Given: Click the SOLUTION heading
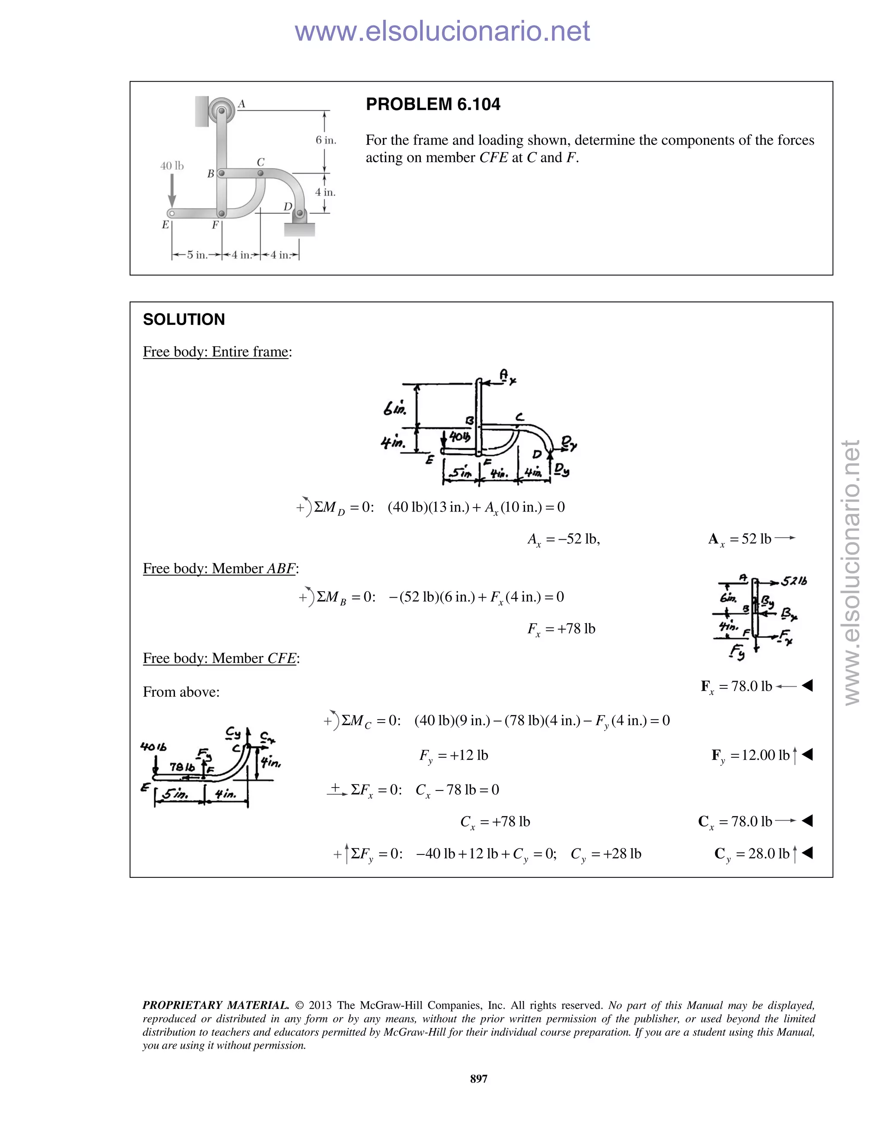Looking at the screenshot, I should (x=184, y=320).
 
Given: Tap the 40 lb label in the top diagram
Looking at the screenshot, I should (x=172, y=166).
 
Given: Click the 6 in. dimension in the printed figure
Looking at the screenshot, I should (x=325, y=140).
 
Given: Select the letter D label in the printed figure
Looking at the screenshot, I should (x=287, y=207).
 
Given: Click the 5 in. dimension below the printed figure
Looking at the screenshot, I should (x=197, y=255).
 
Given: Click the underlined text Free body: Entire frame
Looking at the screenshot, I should (x=216, y=352).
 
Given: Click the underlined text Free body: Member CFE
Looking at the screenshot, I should (x=220, y=658).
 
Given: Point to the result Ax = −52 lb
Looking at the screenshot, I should (x=563, y=539).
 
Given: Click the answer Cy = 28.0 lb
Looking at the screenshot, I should (x=751, y=854).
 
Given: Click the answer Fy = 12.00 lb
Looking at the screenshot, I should (x=750, y=755).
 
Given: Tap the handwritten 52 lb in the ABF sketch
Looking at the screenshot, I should (x=794, y=581).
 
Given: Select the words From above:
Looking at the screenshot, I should (x=181, y=692).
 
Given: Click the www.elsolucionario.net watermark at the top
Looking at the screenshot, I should (x=442, y=31).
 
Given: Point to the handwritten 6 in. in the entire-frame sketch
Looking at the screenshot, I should (x=394, y=408).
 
